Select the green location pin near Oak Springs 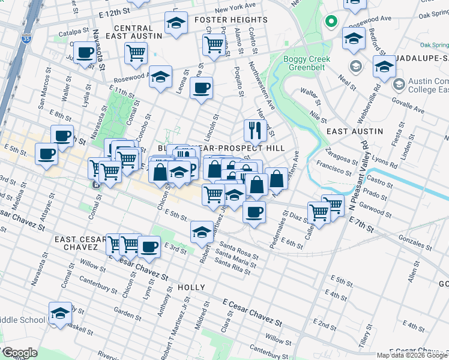[x=330, y=23]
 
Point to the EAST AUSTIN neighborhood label [x=354, y=131]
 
